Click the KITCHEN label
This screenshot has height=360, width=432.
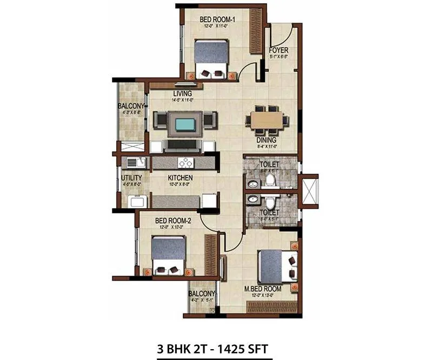click(181, 178)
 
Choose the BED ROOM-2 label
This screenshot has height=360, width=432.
click(174, 221)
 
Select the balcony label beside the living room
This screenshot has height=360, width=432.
click(131, 106)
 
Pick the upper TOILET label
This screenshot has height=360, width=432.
click(269, 163)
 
